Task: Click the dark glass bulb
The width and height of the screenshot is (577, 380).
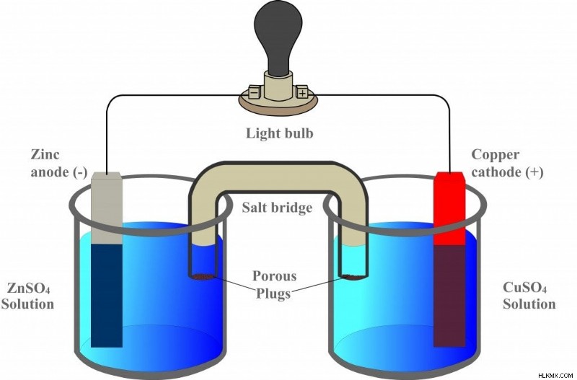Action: pyautogui.click(x=278, y=37)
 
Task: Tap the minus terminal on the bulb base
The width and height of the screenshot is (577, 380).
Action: pyautogui.click(x=255, y=92)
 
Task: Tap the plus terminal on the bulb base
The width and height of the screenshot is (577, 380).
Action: pyautogui.click(x=301, y=92)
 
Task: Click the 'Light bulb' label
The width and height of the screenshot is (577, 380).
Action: pyautogui.click(x=280, y=133)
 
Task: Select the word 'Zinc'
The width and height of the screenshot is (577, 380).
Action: pyautogui.click(x=45, y=154)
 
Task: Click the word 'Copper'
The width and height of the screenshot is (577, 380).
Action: pyautogui.click(x=495, y=155)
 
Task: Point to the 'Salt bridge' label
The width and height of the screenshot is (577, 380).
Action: pyautogui.click(x=277, y=208)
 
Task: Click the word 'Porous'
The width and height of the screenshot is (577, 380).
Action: pyautogui.click(x=275, y=275)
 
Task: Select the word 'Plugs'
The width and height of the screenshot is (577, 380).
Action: pyautogui.click(x=273, y=293)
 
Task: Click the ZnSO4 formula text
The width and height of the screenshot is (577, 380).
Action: pyautogui.click(x=29, y=288)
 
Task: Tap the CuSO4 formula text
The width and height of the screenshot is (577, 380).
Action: pyautogui.click(x=524, y=288)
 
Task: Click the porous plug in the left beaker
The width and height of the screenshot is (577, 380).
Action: pyautogui.click(x=203, y=277)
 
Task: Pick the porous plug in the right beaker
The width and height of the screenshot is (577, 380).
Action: pyautogui.click(x=353, y=277)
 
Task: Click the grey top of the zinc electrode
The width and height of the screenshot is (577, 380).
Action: pyautogui.click(x=106, y=208)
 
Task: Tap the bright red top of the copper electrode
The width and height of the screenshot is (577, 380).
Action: pyautogui.click(x=449, y=208)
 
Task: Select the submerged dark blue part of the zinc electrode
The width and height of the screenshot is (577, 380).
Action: pyautogui.click(x=106, y=296)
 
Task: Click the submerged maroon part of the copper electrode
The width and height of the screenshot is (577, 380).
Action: pyautogui.click(x=449, y=296)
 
